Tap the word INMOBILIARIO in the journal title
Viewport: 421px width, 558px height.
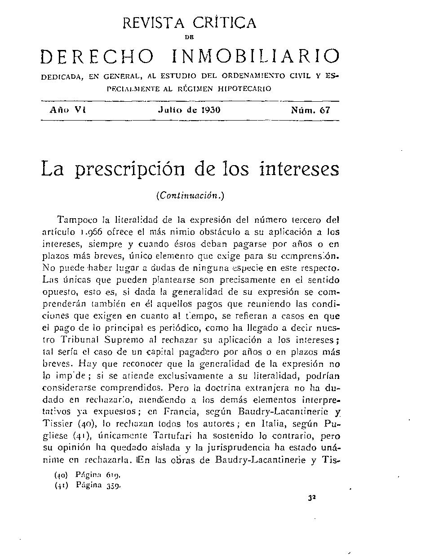click(256, 57)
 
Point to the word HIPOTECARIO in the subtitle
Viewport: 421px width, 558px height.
click(245, 89)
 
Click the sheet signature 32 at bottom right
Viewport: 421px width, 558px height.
click(310, 498)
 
